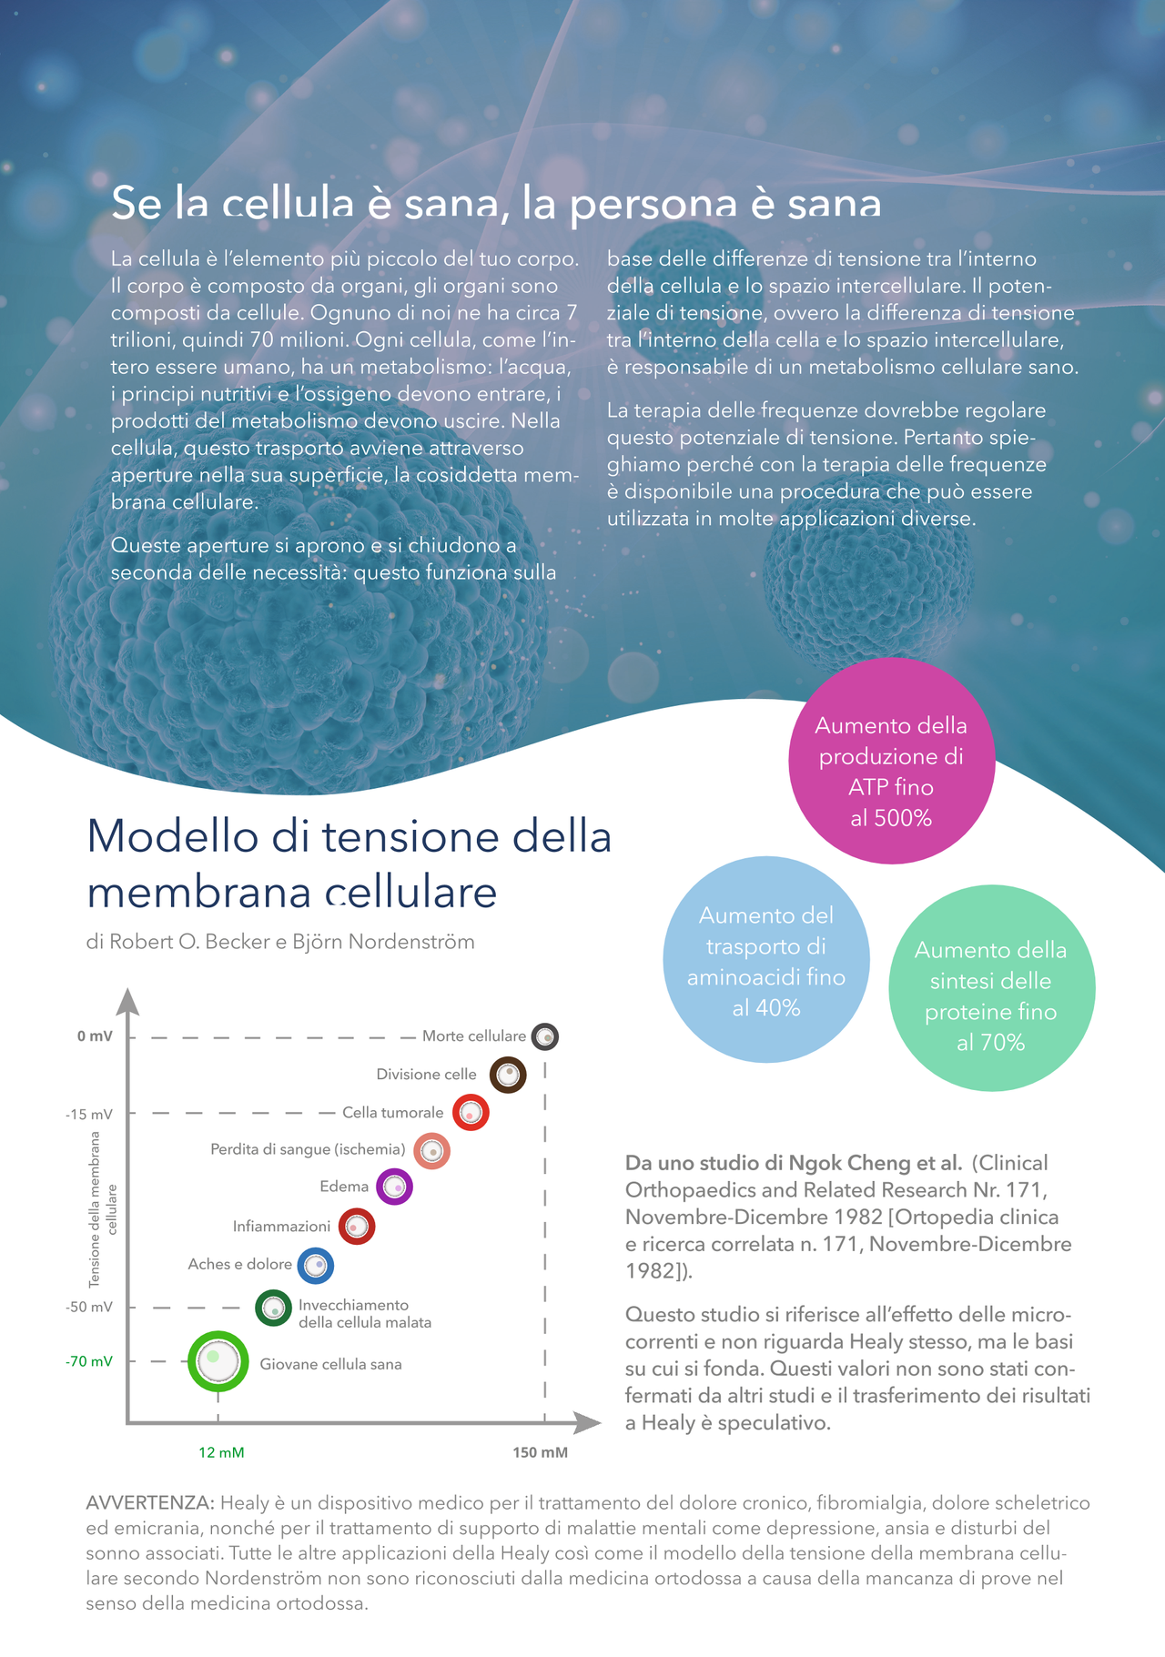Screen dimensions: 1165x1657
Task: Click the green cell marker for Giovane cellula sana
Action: (x=218, y=1361)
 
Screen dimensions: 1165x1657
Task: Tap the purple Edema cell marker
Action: (x=394, y=1187)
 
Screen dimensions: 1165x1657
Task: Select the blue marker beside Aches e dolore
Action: (x=316, y=1266)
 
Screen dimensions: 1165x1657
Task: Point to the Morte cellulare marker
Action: (x=544, y=1036)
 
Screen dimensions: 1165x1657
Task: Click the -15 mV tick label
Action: (x=89, y=1115)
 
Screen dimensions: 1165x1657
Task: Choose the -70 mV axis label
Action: (x=89, y=1361)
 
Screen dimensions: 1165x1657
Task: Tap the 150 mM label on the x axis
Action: (x=541, y=1452)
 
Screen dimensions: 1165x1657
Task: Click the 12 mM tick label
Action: (x=221, y=1452)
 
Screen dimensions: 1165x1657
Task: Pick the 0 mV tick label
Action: (x=95, y=1036)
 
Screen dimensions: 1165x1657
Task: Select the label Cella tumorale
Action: (x=393, y=1113)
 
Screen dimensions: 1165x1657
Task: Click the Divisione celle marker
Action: (x=508, y=1075)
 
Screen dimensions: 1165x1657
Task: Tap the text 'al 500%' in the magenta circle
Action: (x=891, y=818)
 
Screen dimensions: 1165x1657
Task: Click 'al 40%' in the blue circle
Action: (x=766, y=1008)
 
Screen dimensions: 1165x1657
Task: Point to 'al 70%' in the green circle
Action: (x=990, y=1043)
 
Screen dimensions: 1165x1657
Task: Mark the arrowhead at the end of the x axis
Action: (x=589, y=1422)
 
